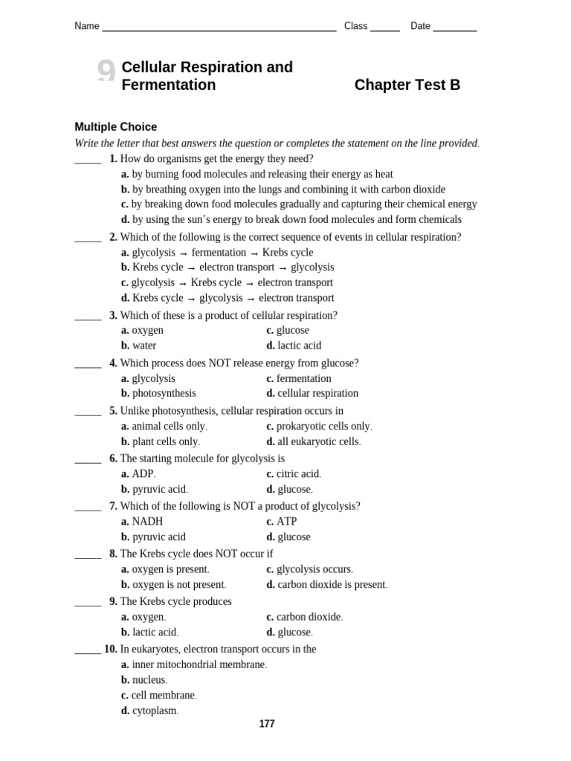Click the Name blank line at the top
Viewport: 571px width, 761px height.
219,30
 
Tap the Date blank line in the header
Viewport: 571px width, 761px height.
454,30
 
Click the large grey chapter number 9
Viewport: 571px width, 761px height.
106,73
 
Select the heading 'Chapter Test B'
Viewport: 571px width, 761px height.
407,85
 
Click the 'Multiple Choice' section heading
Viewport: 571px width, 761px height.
115,127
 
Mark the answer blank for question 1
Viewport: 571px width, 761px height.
88,162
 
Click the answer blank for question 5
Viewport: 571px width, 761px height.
88,414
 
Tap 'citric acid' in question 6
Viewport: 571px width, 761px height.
298,473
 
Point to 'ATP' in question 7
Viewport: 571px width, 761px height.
286,522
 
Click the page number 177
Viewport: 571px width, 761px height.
267,724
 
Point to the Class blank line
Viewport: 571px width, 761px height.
384,30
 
